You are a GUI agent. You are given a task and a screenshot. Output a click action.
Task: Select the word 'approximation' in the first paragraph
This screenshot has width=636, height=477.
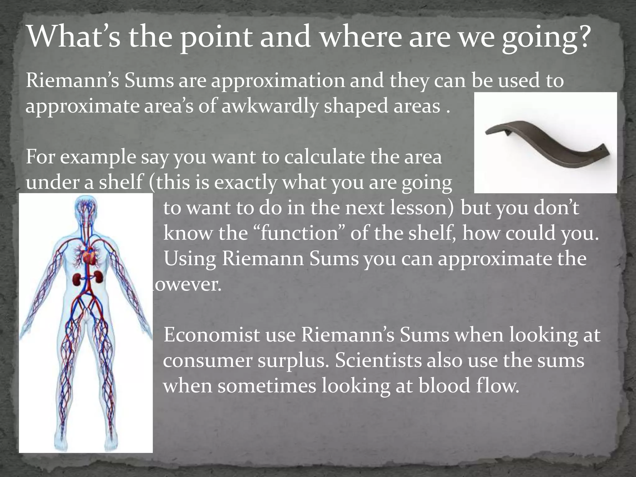278,81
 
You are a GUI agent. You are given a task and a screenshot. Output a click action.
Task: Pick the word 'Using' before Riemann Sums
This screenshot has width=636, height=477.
190,259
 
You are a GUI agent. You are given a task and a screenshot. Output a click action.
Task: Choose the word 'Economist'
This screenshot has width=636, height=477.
211,335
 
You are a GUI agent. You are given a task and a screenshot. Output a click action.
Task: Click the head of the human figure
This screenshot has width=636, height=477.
85,208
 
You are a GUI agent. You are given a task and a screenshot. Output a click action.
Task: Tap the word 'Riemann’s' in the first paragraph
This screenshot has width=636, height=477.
73,81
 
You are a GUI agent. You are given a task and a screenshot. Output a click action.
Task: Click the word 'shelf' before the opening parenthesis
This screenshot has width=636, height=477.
121,183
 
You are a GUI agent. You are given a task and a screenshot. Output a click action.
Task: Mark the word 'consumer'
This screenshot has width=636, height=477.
207,361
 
